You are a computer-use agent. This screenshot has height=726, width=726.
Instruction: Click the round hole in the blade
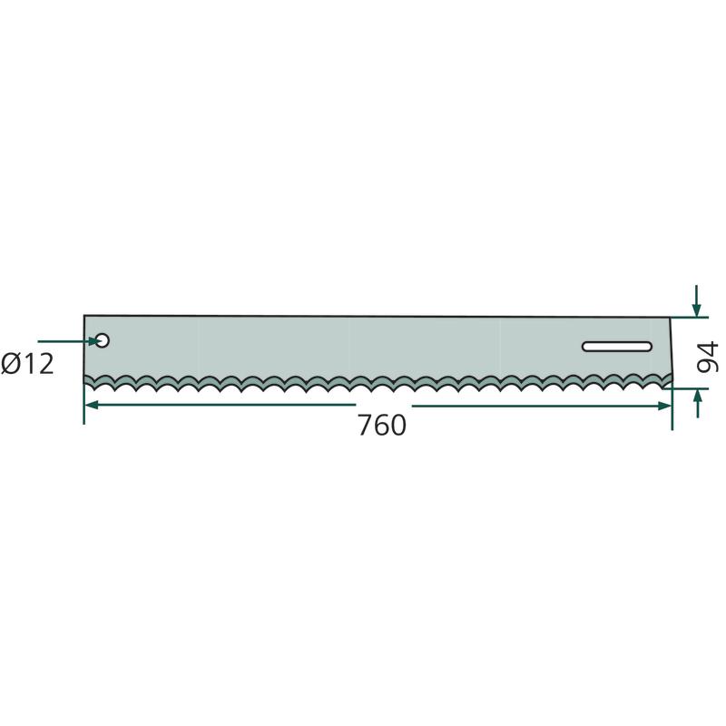click(x=103, y=340)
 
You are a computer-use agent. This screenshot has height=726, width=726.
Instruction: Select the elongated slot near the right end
click(x=617, y=347)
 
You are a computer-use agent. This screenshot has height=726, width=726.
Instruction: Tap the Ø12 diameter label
click(x=27, y=364)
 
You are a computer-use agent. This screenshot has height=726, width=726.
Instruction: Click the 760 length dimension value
click(x=382, y=425)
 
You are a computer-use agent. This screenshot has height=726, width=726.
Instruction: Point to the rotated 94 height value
click(x=707, y=357)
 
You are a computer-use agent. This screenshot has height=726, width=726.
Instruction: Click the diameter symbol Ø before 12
click(x=11, y=364)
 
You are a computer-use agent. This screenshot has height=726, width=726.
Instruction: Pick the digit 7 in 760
click(x=366, y=425)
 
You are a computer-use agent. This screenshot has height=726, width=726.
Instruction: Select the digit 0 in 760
click(x=398, y=425)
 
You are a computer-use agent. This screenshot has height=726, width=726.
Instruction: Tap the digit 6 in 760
click(x=382, y=425)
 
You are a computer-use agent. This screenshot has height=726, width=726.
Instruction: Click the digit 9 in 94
click(x=707, y=365)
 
